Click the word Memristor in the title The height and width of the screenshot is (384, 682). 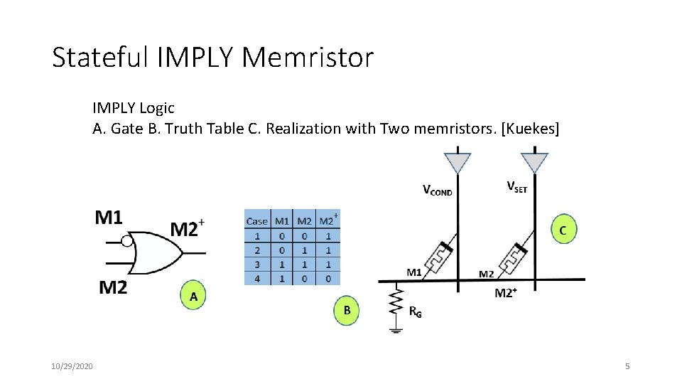(307, 58)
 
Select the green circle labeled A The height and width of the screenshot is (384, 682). (193, 297)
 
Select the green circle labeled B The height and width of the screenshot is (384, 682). (347, 311)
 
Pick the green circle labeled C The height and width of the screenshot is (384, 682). (562, 230)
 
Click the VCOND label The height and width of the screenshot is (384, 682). (438, 191)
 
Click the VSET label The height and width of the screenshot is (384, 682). (516, 187)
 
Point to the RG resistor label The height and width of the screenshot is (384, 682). (416, 311)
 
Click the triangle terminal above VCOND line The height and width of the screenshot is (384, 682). (457, 162)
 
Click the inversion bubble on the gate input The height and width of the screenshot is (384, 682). (126, 242)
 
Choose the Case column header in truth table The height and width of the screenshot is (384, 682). (257, 221)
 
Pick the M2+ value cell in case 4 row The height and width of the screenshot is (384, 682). (328, 279)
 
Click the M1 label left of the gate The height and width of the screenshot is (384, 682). (109, 218)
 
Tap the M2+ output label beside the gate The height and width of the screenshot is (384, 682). (187, 229)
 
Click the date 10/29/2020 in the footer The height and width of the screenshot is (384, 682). (72, 366)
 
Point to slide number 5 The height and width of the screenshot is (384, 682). (627, 366)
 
